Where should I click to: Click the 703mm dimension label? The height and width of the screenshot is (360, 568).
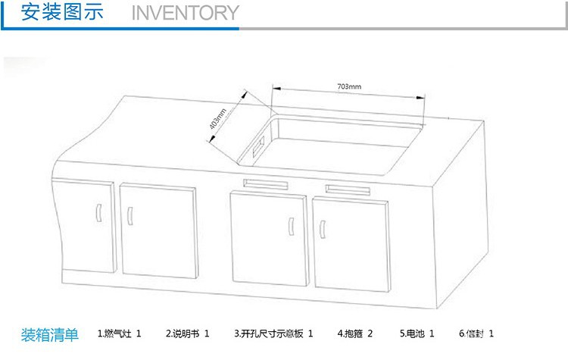(x=349, y=87)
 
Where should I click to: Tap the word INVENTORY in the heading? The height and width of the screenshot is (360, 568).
(x=185, y=13)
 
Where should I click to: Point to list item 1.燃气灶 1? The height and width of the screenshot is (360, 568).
(x=120, y=333)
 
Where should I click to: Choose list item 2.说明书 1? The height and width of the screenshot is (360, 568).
(x=187, y=333)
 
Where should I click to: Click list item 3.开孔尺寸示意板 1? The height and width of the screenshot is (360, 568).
(x=273, y=333)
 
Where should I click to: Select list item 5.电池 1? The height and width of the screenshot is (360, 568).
(x=417, y=333)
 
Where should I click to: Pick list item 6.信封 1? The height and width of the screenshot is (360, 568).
(x=476, y=333)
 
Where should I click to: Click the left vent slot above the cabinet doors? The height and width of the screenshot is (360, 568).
(x=265, y=183)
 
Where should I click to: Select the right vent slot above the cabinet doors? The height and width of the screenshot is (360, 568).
(x=348, y=189)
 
